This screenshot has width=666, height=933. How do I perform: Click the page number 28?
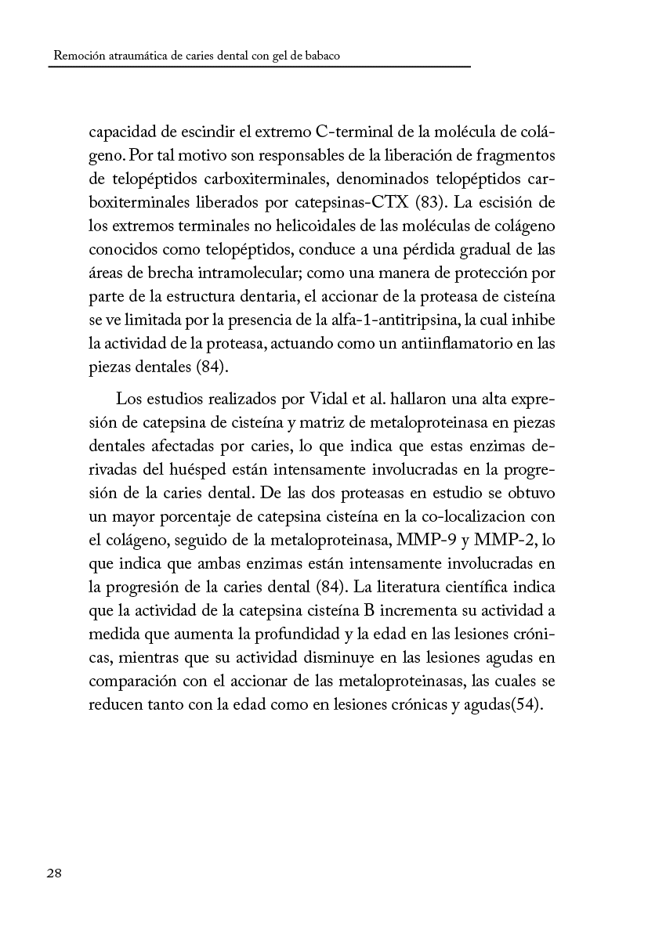click(55, 873)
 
